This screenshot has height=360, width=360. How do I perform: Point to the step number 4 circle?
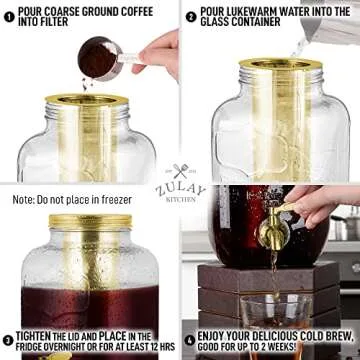point(191,340)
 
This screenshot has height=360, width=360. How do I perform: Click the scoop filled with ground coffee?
point(98,60)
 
